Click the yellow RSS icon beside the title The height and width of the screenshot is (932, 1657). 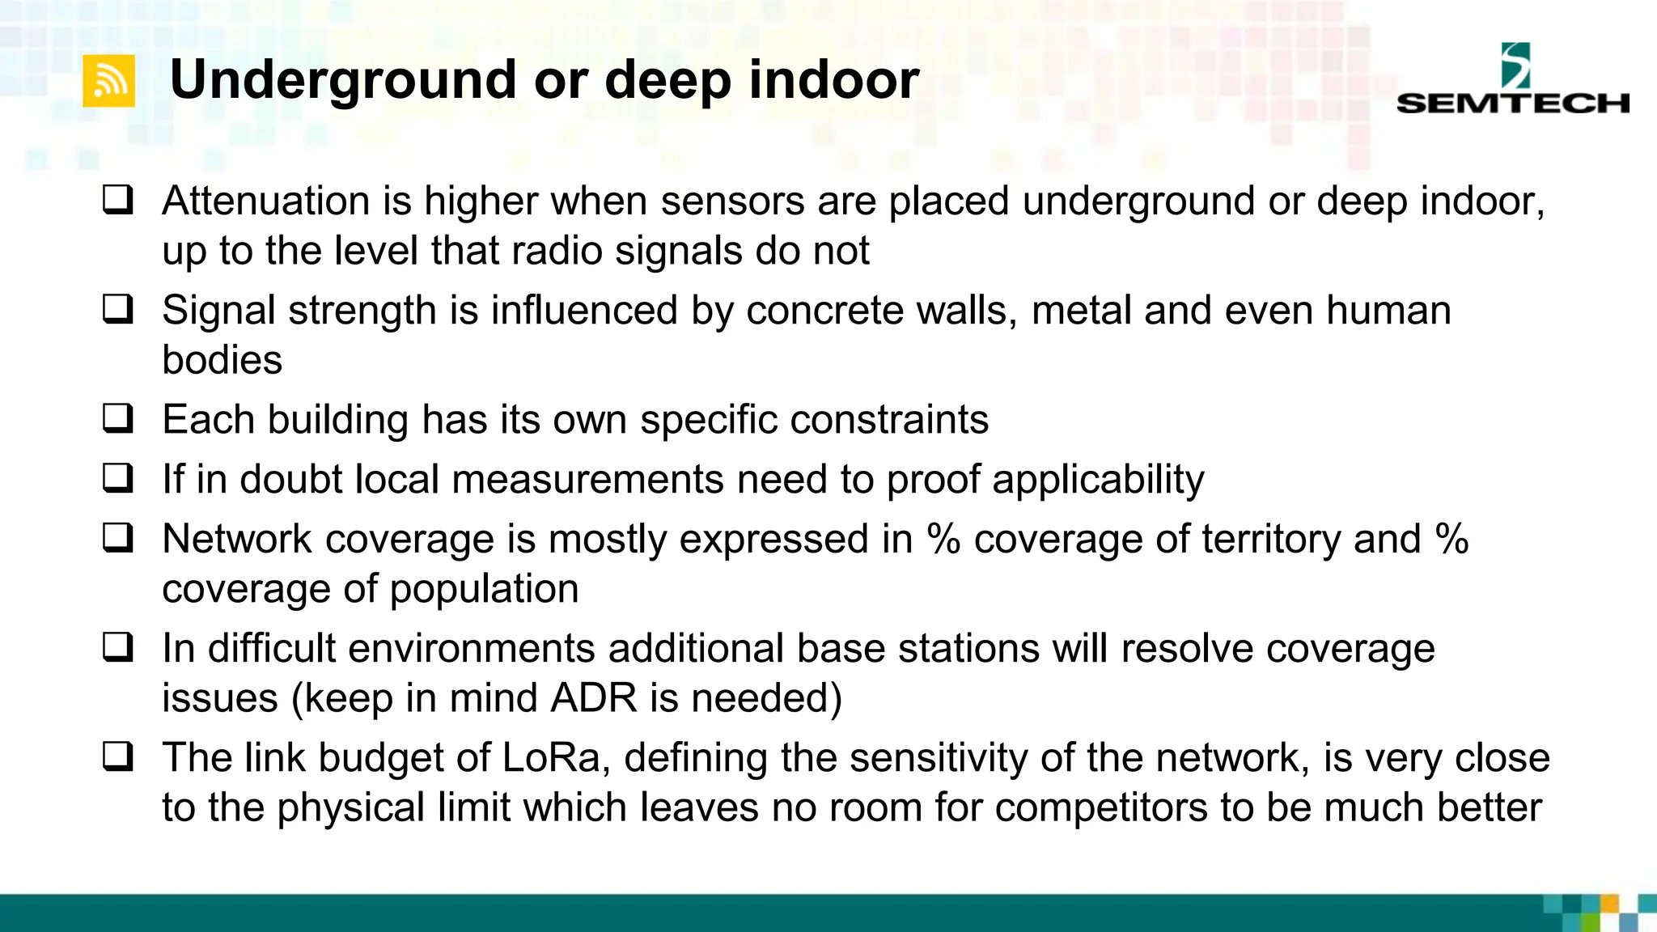click(x=108, y=82)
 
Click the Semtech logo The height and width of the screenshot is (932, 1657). click(x=1512, y=79)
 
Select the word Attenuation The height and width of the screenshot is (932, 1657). click(x=266, y=201)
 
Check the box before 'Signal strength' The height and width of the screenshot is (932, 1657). click(x=118, y=309)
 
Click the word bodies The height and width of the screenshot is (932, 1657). click(x=222, y=359)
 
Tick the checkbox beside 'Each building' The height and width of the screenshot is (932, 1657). click(x=118, y=418)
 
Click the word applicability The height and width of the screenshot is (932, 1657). click(x=1098, y=480)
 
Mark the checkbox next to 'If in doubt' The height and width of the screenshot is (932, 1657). click(x=118, y=478)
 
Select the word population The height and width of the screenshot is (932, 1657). click(x=484, y=590)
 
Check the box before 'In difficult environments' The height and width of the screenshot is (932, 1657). click(x=118, y=647)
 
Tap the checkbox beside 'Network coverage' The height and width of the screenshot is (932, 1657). click(x=118, y=538)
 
